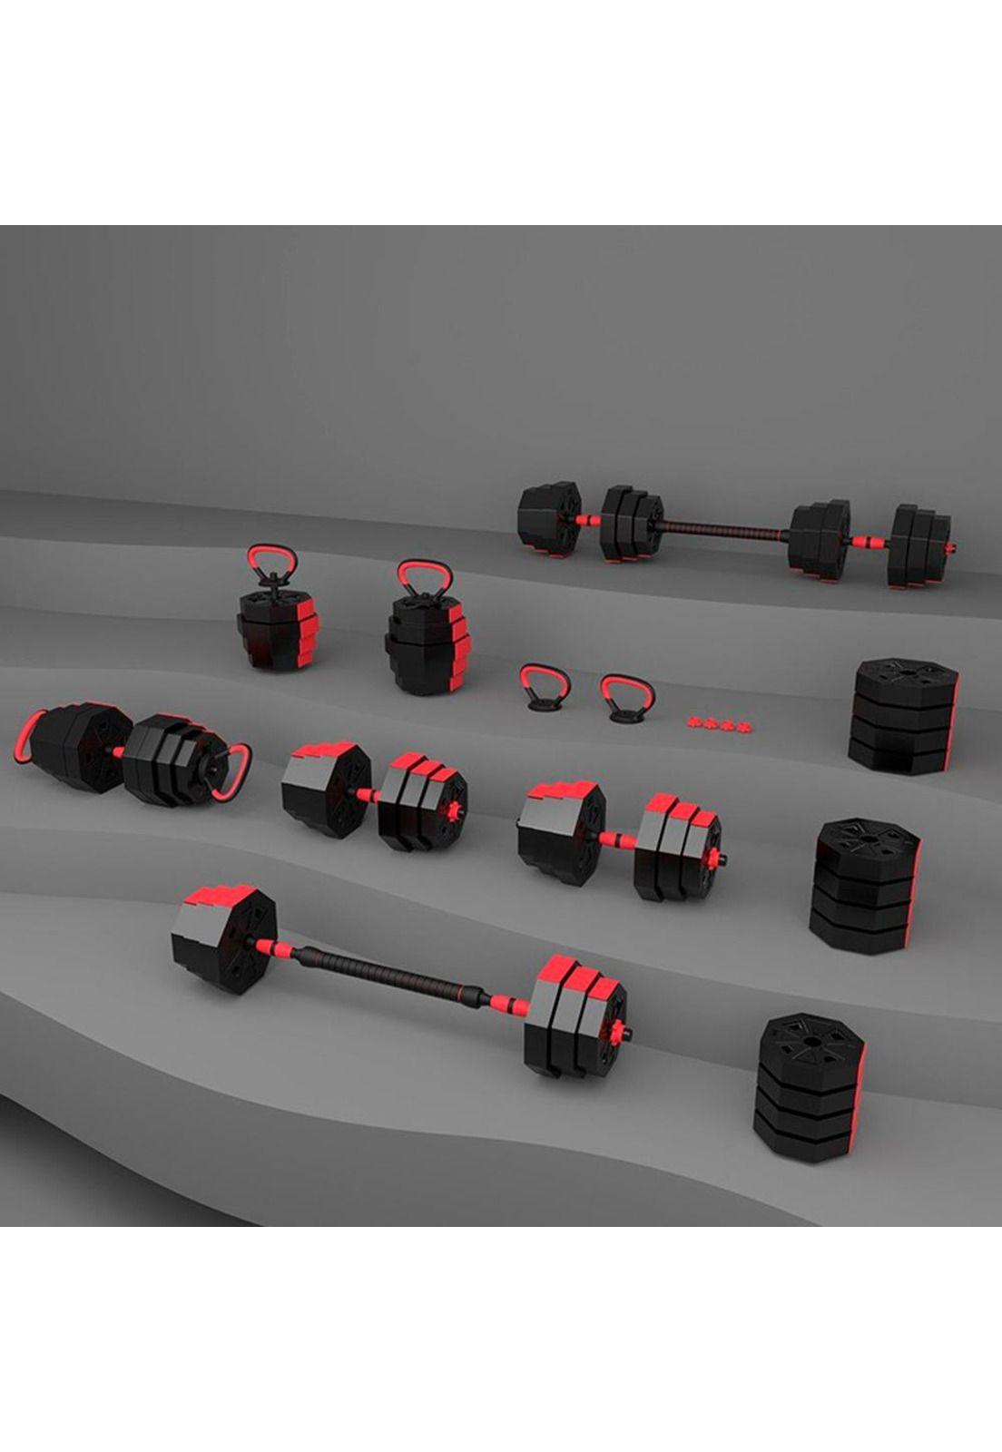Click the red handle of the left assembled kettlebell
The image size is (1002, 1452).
(x=269, y=551)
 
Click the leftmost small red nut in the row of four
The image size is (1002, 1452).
(x=696, y=721)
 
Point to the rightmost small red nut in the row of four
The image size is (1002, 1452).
(x=745, y=726)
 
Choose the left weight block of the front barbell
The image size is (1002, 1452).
(x=222, y=940)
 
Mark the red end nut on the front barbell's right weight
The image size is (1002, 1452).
(x=620, y=1032)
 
